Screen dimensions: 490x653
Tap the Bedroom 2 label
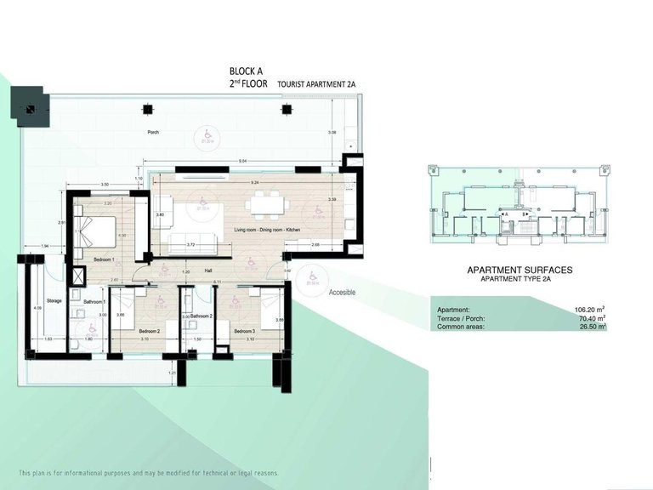(125, 331)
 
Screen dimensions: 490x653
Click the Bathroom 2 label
(201, 316)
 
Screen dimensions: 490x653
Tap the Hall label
(207, 271)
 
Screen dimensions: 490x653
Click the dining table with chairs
(266, 205)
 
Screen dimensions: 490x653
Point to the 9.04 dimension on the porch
(242, 161)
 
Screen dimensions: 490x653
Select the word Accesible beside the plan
(342, 292)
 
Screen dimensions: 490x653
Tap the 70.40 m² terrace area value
(589, 318)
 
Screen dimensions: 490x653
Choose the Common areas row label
(461, 327)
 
